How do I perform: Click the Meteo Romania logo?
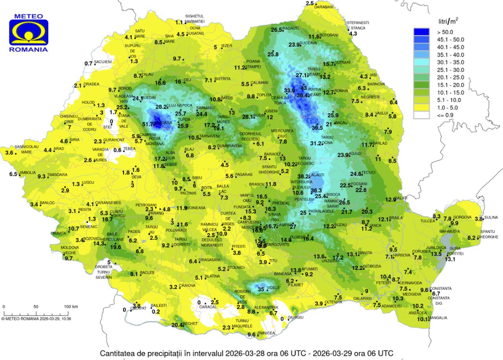click(x=29, y=33)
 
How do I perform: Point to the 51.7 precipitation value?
click(x=148, y=124)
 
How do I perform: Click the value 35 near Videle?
click(x=261, y=290)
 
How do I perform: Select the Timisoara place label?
click(x=57, y=175)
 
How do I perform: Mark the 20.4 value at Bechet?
click(x=177, y=325)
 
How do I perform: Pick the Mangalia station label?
click(x=437, y=318)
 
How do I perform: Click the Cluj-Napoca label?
click(x=180, y=106)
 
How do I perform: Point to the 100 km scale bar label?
click(x=71, y=307)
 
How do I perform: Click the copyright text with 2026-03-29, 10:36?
click(x=36, y=319)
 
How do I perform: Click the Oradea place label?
click(x=91, y=84)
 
